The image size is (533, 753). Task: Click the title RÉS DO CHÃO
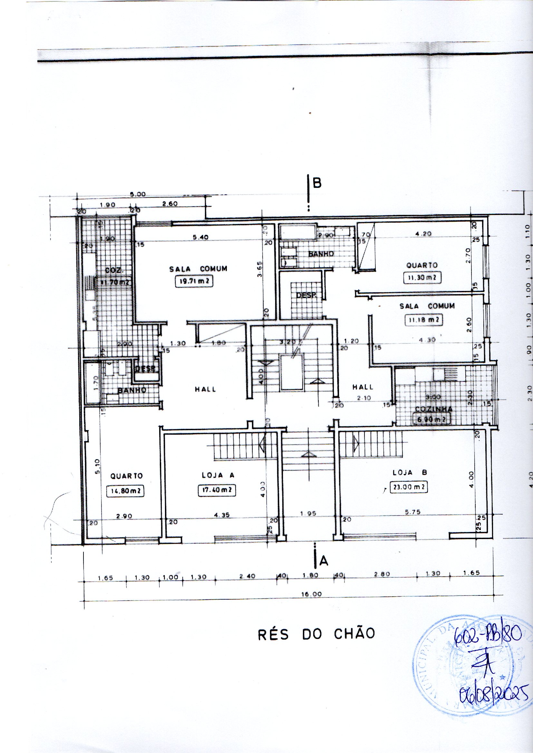coord(316,634)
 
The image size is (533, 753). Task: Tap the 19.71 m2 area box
coord(194,281)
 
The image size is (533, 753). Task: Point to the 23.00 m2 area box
coord(409,487)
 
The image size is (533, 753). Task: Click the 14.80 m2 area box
coord(126,491)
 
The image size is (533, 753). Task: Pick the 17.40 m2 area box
coord(217,490)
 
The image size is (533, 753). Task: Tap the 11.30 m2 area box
coord(422,277)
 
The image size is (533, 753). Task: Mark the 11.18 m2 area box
coord(423,320)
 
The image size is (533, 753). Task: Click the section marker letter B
coord(317,183)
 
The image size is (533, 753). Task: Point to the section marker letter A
coord(324,561)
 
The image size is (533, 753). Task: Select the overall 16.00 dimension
coord(312,594)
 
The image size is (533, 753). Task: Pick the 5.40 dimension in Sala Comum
coord(200,237)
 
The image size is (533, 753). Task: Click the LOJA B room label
coord(410,472)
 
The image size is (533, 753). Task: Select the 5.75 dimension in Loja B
coord(412,512)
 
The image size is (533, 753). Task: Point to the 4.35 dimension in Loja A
coord(222,516)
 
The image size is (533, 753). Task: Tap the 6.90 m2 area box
coord(431,419)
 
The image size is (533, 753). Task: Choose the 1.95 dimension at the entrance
coord(308,514)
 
